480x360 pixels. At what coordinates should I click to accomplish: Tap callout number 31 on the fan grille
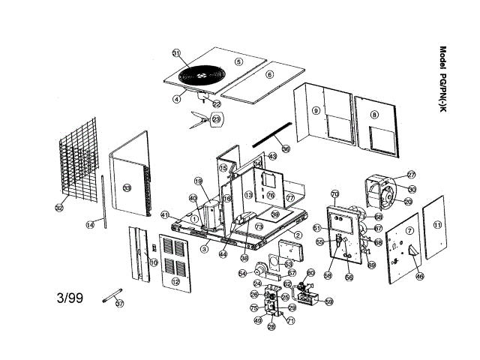177,54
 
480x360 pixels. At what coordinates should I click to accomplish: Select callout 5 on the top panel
238,61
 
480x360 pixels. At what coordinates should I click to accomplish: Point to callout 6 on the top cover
270,74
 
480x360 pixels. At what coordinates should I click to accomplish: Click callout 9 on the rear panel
316,110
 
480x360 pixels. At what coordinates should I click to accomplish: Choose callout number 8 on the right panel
373,115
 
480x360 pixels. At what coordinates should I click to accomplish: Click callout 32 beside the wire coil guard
59,208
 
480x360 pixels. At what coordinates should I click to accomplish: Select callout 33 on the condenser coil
127,188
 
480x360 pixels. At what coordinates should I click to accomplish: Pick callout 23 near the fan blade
217,119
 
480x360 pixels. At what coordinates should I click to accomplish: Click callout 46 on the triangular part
419,277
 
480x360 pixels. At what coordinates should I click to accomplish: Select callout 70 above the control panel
335,193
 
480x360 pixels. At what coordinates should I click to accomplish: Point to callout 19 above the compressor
199,181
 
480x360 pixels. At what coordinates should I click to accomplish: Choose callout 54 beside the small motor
242,274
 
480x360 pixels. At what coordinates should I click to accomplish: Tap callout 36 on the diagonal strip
286,148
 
